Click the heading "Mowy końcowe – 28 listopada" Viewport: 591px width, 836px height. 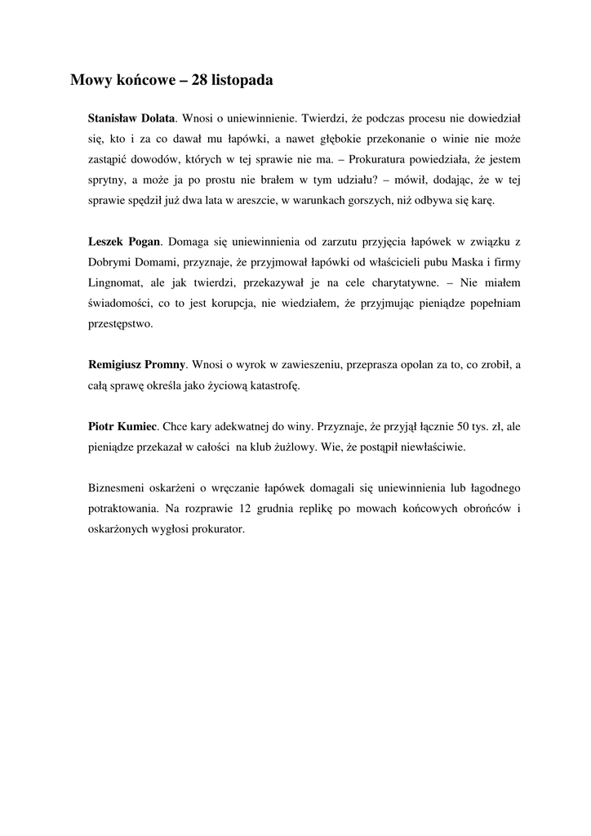point(171,80)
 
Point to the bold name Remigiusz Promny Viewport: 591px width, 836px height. point(137,364)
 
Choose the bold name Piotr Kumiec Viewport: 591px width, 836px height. point(122,426)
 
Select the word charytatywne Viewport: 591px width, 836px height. point(392,282)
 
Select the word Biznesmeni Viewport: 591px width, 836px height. point(117,487)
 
